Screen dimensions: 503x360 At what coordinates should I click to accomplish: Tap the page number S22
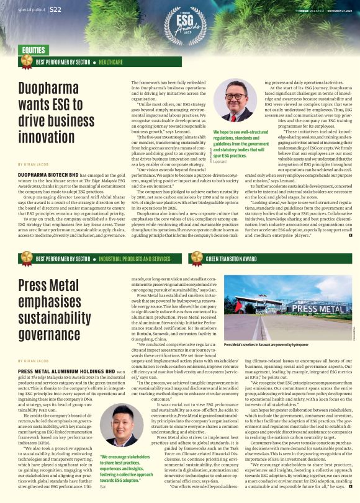[55, 9]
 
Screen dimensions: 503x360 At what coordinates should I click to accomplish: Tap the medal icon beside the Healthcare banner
[26, 61]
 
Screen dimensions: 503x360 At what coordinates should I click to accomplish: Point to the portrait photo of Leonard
[234, 102]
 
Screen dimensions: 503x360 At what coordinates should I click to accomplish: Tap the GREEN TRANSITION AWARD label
[231, 259]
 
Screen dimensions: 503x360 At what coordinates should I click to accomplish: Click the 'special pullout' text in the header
[32, 10]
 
